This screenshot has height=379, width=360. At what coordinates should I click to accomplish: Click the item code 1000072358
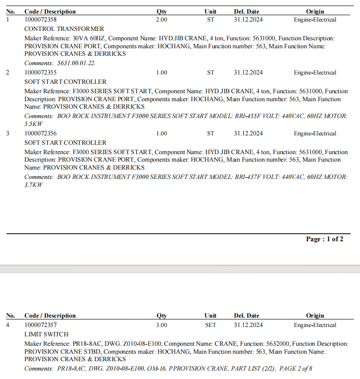[41, 20]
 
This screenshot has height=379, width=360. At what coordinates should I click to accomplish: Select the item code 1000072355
[41, 73]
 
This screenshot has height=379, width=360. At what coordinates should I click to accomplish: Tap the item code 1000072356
[41, 134]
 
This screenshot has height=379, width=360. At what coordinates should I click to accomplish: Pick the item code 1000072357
[41, 325]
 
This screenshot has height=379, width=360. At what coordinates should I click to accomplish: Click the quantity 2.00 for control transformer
[161, 20]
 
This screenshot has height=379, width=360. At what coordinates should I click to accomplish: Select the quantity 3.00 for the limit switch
[161, 325]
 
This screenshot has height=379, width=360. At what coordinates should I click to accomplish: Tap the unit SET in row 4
[210, 325]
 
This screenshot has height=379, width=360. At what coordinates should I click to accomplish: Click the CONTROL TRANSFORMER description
[64, 29]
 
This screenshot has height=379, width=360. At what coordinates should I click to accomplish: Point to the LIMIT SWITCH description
[46, 334]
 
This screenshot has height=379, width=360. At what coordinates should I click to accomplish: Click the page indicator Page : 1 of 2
[324, 239]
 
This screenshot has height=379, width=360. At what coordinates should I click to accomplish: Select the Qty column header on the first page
[161, 12]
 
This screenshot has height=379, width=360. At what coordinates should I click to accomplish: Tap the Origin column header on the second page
[315, 316]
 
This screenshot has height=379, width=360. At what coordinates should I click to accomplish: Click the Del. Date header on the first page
[247, 12]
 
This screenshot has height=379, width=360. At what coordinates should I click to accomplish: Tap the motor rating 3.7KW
[33, 185]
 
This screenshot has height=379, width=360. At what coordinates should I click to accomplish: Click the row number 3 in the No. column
[7, 134]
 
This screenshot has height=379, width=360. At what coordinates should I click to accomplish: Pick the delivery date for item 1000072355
[248, 73]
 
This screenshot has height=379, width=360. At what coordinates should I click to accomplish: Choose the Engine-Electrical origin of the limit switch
[315, 325]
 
